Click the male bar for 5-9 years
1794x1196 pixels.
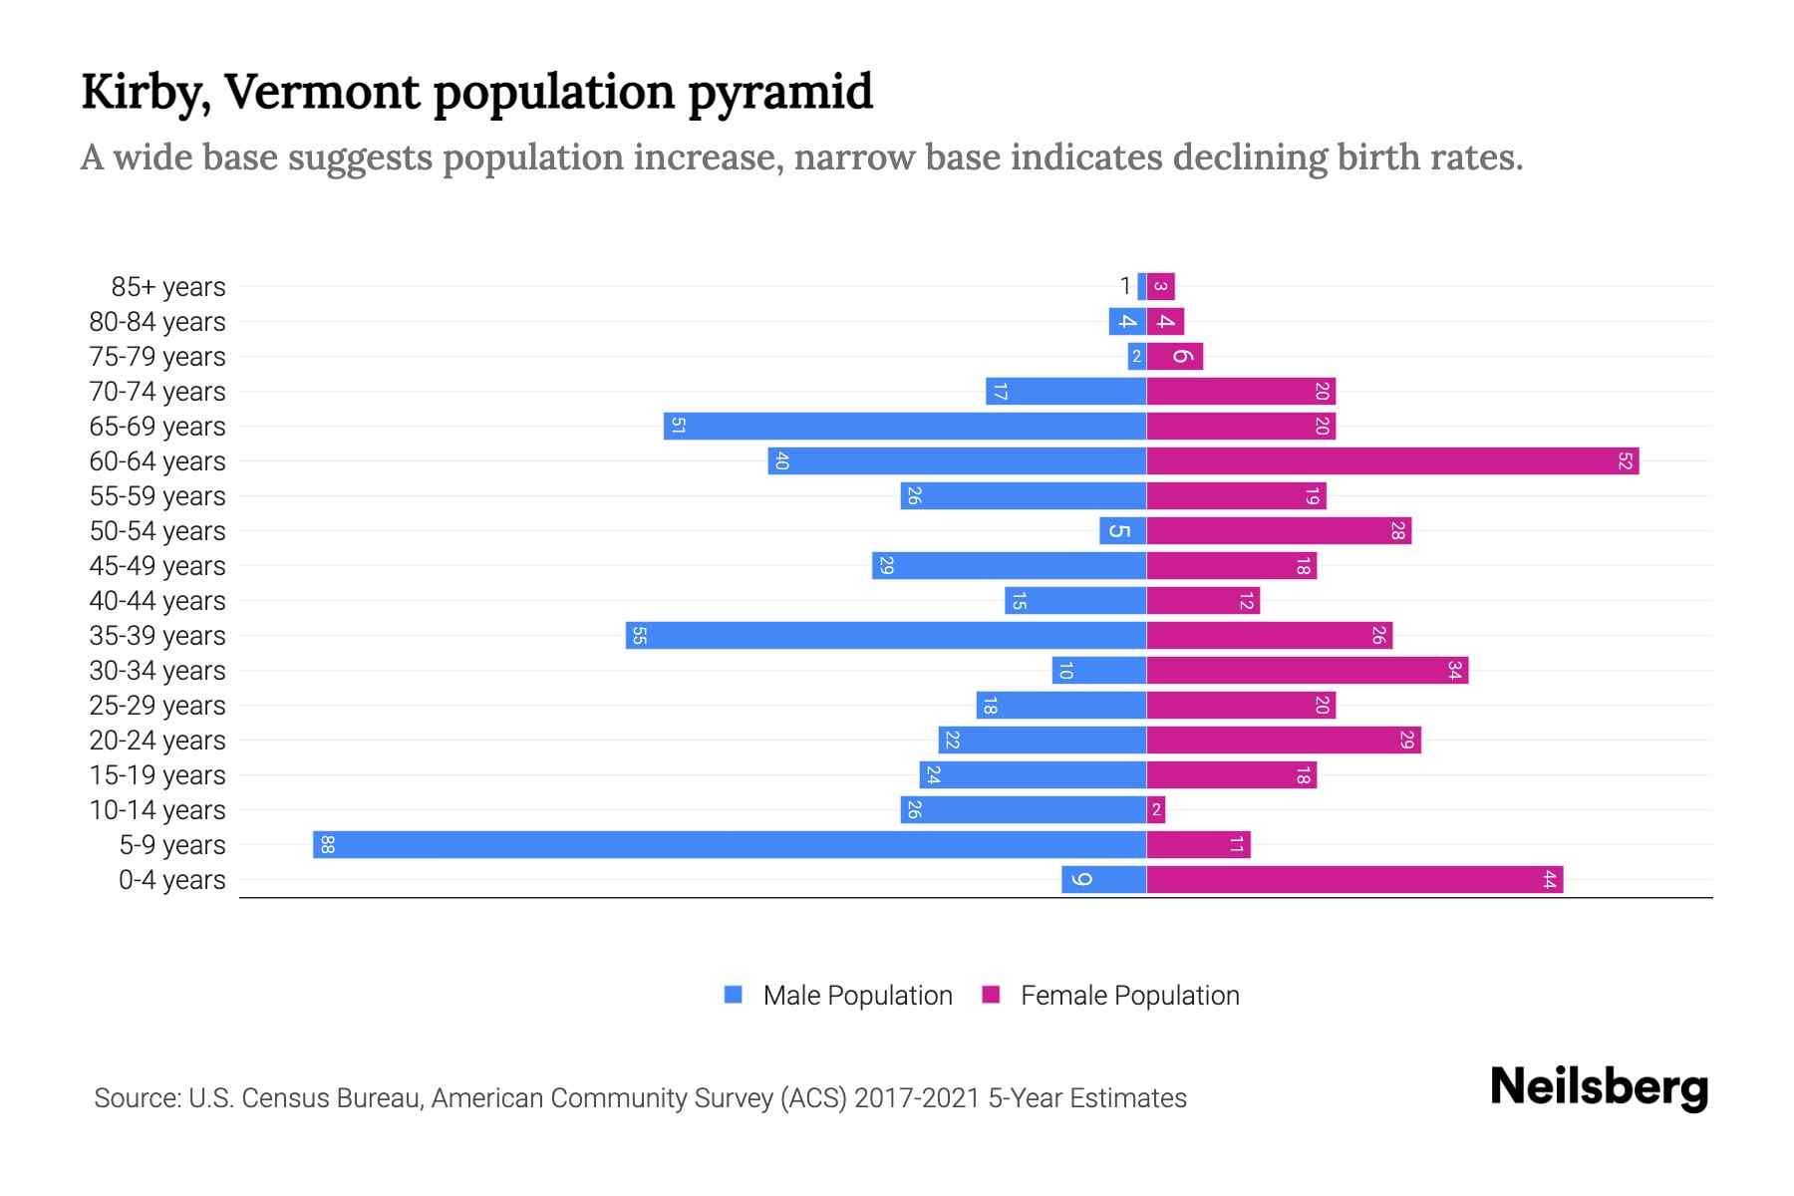click(730, 845)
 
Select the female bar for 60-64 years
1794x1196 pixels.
click(1392, 461)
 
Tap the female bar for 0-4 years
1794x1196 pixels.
click(1354, 880)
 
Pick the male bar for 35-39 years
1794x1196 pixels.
click(886, 636)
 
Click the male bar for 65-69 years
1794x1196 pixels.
click(905, 427)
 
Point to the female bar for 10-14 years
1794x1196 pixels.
click(1156, 810)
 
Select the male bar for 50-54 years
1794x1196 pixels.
click(1123, 531)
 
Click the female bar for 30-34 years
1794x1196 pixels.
click(1307, 671)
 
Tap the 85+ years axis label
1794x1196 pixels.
click(168, 287)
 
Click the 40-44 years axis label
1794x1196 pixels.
click(157, 601)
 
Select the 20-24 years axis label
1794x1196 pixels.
click(157, 741)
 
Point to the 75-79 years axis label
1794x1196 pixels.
click(157, 357)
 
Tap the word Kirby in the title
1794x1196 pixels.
click(145, 93)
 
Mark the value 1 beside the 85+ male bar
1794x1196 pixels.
click(1125, 287)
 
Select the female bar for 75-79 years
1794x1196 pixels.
click(1175, 357)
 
